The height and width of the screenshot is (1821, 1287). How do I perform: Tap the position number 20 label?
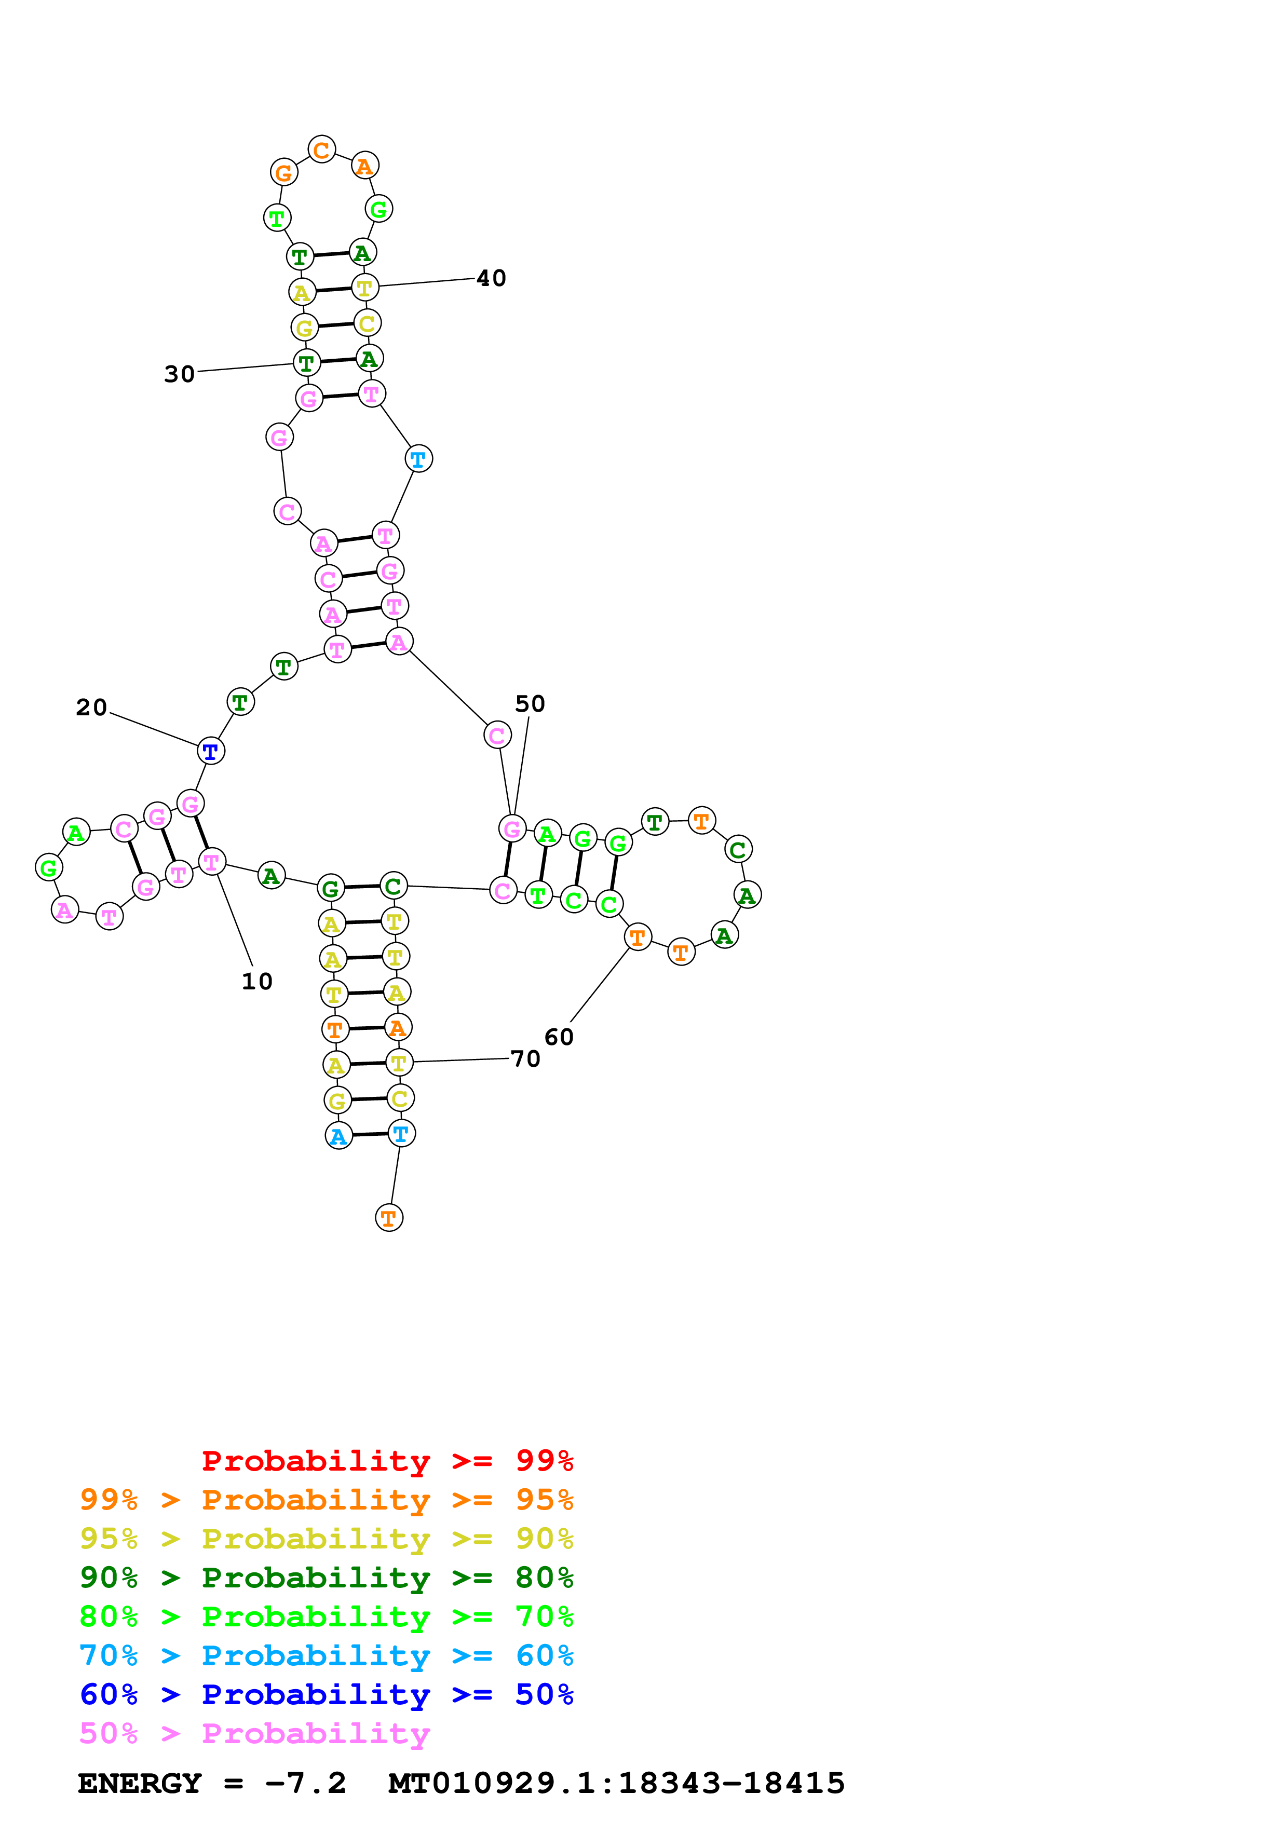point(91,708)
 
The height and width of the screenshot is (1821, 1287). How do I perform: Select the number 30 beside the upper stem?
point(179,374)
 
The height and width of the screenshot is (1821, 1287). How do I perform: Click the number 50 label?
point(530,704)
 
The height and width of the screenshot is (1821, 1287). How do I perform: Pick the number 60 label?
point(558,1037)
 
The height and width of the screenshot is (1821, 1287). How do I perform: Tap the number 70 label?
point(525,1059)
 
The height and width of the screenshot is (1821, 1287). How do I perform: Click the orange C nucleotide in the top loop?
point(321,149)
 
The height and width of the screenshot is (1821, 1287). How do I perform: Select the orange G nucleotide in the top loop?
point(283,172)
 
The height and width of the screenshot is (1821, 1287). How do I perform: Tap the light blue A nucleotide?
point(338,1136)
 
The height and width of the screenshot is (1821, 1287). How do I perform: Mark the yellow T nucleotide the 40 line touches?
point(365,287)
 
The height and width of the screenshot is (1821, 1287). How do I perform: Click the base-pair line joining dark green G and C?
point(362,887)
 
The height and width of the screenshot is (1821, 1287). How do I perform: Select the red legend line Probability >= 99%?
point(387,1461)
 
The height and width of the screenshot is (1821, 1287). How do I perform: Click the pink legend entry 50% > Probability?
point(254,1734)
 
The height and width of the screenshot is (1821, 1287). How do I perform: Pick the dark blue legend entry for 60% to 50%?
point(326,1695)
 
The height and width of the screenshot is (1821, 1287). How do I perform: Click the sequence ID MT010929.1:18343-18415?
point(616,1784)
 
